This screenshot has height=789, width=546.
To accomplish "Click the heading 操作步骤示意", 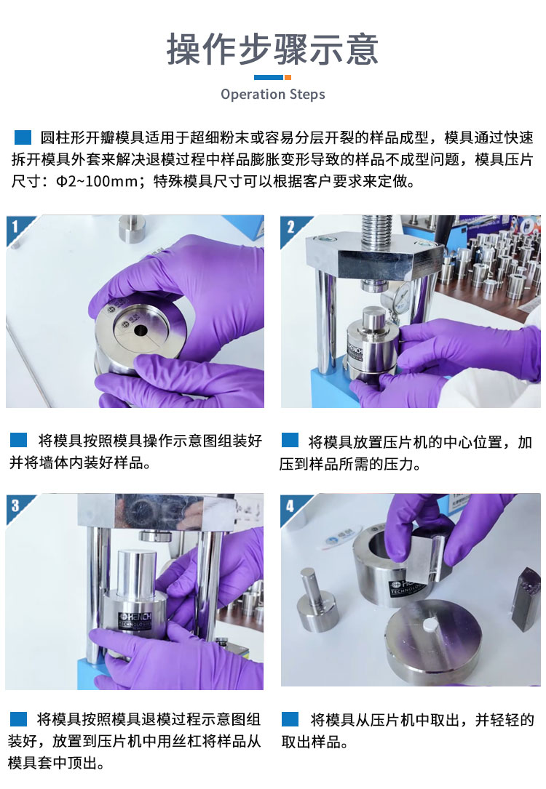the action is click(x=272, y=49).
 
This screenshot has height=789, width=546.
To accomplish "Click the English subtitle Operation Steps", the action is click(x=272, y=94).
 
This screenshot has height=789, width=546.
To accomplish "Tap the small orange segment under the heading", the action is click(x=288, y=77).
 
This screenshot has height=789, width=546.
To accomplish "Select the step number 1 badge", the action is click(x=15, y=226).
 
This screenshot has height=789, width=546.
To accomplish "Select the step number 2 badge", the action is click(x=290, y=227).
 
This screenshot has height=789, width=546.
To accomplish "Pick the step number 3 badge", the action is click(x=15, y=505).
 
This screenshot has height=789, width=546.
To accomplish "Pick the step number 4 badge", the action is click(x=290, y=505).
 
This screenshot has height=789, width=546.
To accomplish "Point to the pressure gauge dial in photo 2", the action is click(x=403, y=292).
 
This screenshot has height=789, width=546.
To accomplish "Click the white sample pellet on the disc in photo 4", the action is click(x=430, y=625).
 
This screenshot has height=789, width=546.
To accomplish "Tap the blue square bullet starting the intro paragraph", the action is click(x=23, y=137).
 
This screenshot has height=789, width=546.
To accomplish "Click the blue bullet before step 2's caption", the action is click(x=290, y=440).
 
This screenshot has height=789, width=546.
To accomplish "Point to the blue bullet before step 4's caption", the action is click(x=290, y=718).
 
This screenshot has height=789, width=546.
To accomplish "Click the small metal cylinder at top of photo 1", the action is click(x=132, y=229).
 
